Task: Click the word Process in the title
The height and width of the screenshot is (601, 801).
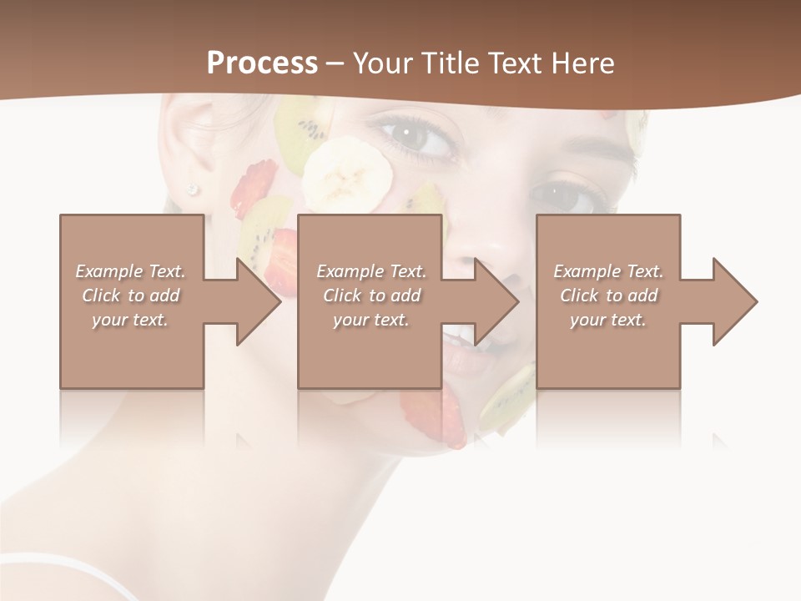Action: (x=262, y=63)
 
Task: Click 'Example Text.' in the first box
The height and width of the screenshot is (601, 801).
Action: (x=130, y=271)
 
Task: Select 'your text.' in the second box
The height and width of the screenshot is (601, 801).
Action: (x=370, y=320)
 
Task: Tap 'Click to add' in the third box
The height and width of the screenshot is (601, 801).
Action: (x=608, y=295)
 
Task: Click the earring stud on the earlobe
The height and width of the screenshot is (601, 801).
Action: (x=194, y=189)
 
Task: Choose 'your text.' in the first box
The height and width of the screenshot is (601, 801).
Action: (x=130, y=320)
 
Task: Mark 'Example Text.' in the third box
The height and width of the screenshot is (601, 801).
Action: (x=608, y=271)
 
